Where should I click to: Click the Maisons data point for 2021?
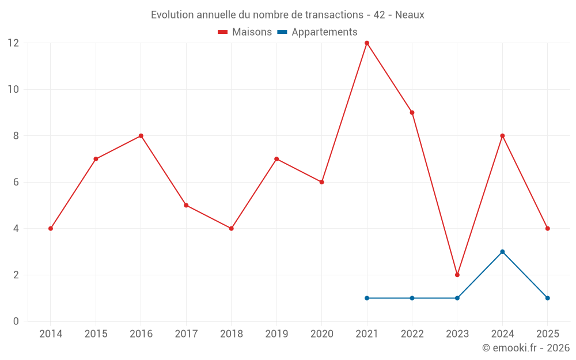(367, 43)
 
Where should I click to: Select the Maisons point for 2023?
(457, 275)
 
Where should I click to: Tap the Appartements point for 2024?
(502, 252)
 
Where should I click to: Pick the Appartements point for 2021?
(367, 298)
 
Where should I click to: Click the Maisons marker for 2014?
(51, 229)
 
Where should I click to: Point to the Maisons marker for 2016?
(141, 136)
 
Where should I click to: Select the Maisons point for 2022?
(412, 112)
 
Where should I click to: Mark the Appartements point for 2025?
(547, 298)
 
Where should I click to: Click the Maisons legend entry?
(245, 32)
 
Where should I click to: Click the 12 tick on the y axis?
(13, 43)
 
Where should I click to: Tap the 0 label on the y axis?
(16, 321)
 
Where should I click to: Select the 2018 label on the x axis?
(231, 334)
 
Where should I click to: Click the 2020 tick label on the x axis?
(321, 334)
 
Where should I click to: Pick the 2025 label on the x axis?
(547, 334)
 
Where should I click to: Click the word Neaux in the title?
(410, 15)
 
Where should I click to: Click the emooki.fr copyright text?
(526, 348)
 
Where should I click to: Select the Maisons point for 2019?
(276, 159)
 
